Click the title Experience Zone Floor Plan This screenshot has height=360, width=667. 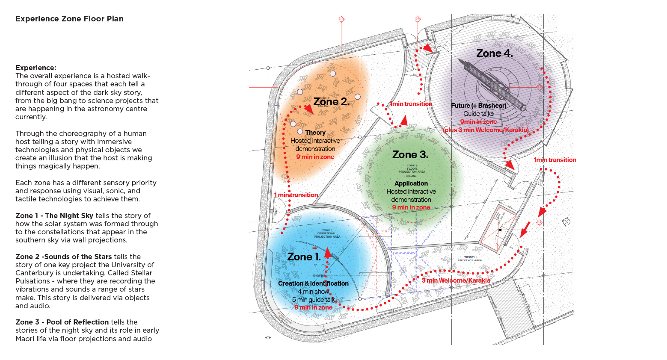click(x=69, y=19)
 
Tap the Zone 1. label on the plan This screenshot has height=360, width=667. click(x=304, y=257)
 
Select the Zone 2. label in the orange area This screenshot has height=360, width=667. click(x=331, y=102)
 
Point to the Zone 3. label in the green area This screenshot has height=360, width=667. click(x=410, y=155)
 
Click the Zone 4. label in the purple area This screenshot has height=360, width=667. click(x=494, y=53)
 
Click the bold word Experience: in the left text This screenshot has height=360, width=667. click(x=36, y=68)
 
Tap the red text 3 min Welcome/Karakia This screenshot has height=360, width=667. click(x=456, y=280)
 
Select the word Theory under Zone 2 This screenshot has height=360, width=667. click(x=315, y=133)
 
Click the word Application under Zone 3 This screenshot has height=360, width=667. click(x=411, y=183)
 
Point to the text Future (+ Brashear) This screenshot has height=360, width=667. click(x=478, y=106)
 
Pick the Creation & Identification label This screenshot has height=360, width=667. click(x=313, y=283)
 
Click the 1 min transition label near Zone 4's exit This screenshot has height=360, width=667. click(x=554, y=160)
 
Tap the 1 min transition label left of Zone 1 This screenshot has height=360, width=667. click(x=296, y=195)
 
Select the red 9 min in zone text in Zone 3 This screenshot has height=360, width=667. click(x=411, y=207)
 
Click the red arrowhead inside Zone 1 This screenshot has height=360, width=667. click(x=328, y=253)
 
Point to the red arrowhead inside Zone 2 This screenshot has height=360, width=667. click(x=309, y=110)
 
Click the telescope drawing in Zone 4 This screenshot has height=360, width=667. click(x=492, y=83)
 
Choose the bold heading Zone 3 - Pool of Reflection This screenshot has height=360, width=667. click(x=62, y=322)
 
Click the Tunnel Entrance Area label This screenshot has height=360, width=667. click(x=470, y=259)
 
